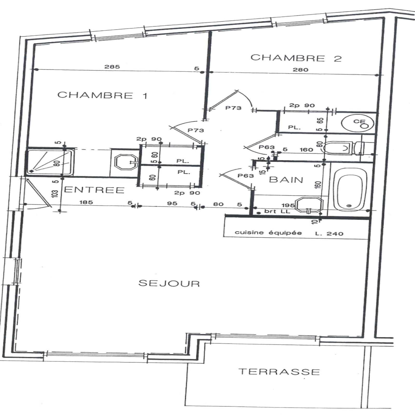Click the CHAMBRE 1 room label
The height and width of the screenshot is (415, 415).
click(x=102, y=95)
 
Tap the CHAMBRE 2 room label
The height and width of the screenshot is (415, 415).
click(x=296, y=58)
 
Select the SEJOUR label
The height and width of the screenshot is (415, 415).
click(x=169, y=283)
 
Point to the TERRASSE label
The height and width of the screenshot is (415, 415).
click(x=279, y=372)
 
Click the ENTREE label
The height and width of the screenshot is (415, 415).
click(x=94, y=190)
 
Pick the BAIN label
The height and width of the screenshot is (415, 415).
click(x=286, y=180)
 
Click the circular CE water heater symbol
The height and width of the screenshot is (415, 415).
click(x=358, y=123)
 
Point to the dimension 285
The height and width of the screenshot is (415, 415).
click(x=112, y=67)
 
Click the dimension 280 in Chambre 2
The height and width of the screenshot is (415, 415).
click(x=300, y=70)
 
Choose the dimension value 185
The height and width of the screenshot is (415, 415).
click(x=86, y=202)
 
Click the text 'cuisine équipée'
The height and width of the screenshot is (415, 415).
click(x=268, y=232)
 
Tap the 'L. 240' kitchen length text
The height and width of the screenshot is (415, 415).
click(x=329, y=233)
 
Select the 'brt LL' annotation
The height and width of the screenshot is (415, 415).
click(x=277, y=211)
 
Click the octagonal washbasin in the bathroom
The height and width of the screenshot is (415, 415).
click(x=310, y=205)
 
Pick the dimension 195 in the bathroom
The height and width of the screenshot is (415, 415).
click(x=288, y=205)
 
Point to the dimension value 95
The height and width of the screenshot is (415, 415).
click(x=172, y=203)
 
